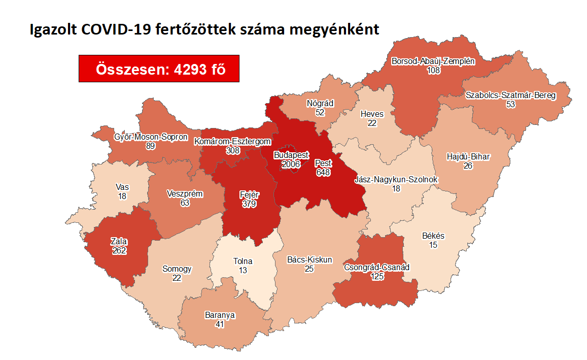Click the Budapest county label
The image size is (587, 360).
(291, 154)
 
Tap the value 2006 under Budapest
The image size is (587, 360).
(291, 163)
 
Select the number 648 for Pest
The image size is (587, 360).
(323, 173)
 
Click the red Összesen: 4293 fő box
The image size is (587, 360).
(159, 68)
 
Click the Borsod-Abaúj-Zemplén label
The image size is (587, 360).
(433, 61)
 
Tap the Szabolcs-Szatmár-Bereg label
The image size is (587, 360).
(510, 95)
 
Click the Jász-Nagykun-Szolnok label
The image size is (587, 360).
(396, 179)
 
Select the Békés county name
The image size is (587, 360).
(433, 236)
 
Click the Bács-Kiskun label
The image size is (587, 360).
(309, 259)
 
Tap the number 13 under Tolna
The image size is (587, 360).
(243, 271)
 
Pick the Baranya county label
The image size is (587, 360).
(220, 315)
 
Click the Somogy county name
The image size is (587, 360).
(177, 269)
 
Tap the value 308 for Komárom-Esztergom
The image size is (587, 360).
(233, 151)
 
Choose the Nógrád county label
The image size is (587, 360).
(320, 104)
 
